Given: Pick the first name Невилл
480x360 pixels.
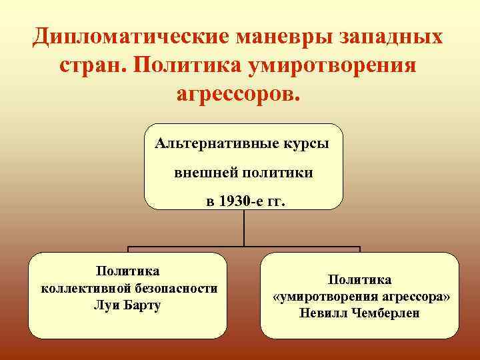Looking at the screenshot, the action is point(322,313).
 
